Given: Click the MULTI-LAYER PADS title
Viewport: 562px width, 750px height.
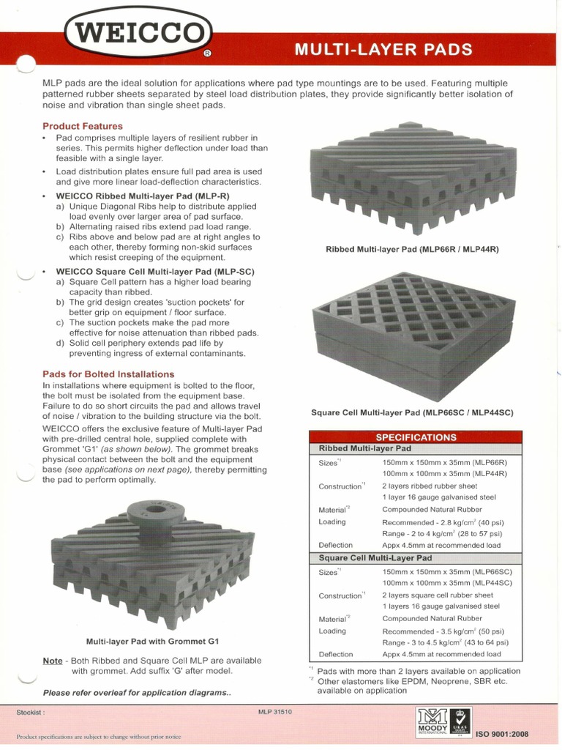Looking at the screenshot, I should pyautogui.click(x=383, y=50).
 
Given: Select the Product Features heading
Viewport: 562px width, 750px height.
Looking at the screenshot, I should pyautogui.click(x=82, y=126).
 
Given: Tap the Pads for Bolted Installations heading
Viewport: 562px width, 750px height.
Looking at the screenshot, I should pyautogui.click(x=108, y=374).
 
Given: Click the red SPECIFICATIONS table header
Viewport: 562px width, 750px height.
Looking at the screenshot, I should pyautogui.click(x=416, y=437).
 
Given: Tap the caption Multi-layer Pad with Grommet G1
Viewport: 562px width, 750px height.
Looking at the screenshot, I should pyautogui.click(x=152, y=639).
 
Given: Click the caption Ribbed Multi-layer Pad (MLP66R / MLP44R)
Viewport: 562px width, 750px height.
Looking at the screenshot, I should pyautogui.click(x=412, y=250).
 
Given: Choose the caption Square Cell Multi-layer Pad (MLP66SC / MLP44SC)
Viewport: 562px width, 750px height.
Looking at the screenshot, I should pyautogui.click(x=412, y=412).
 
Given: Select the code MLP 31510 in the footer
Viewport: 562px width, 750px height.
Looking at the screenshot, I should pyautogui.click(x=275, y=711).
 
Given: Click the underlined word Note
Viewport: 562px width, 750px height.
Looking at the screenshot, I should pyautogui.click(x=53, y=661).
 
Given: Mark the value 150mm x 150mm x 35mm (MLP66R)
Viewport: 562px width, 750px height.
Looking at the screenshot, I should pyautogui.click(x=444, y=463).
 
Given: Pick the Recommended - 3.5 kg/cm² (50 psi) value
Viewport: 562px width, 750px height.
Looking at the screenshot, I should pyautogui.click(x=443, y=631).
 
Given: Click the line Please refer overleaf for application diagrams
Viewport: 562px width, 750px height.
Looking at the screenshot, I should pyautogui.click(x=137, y=692).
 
